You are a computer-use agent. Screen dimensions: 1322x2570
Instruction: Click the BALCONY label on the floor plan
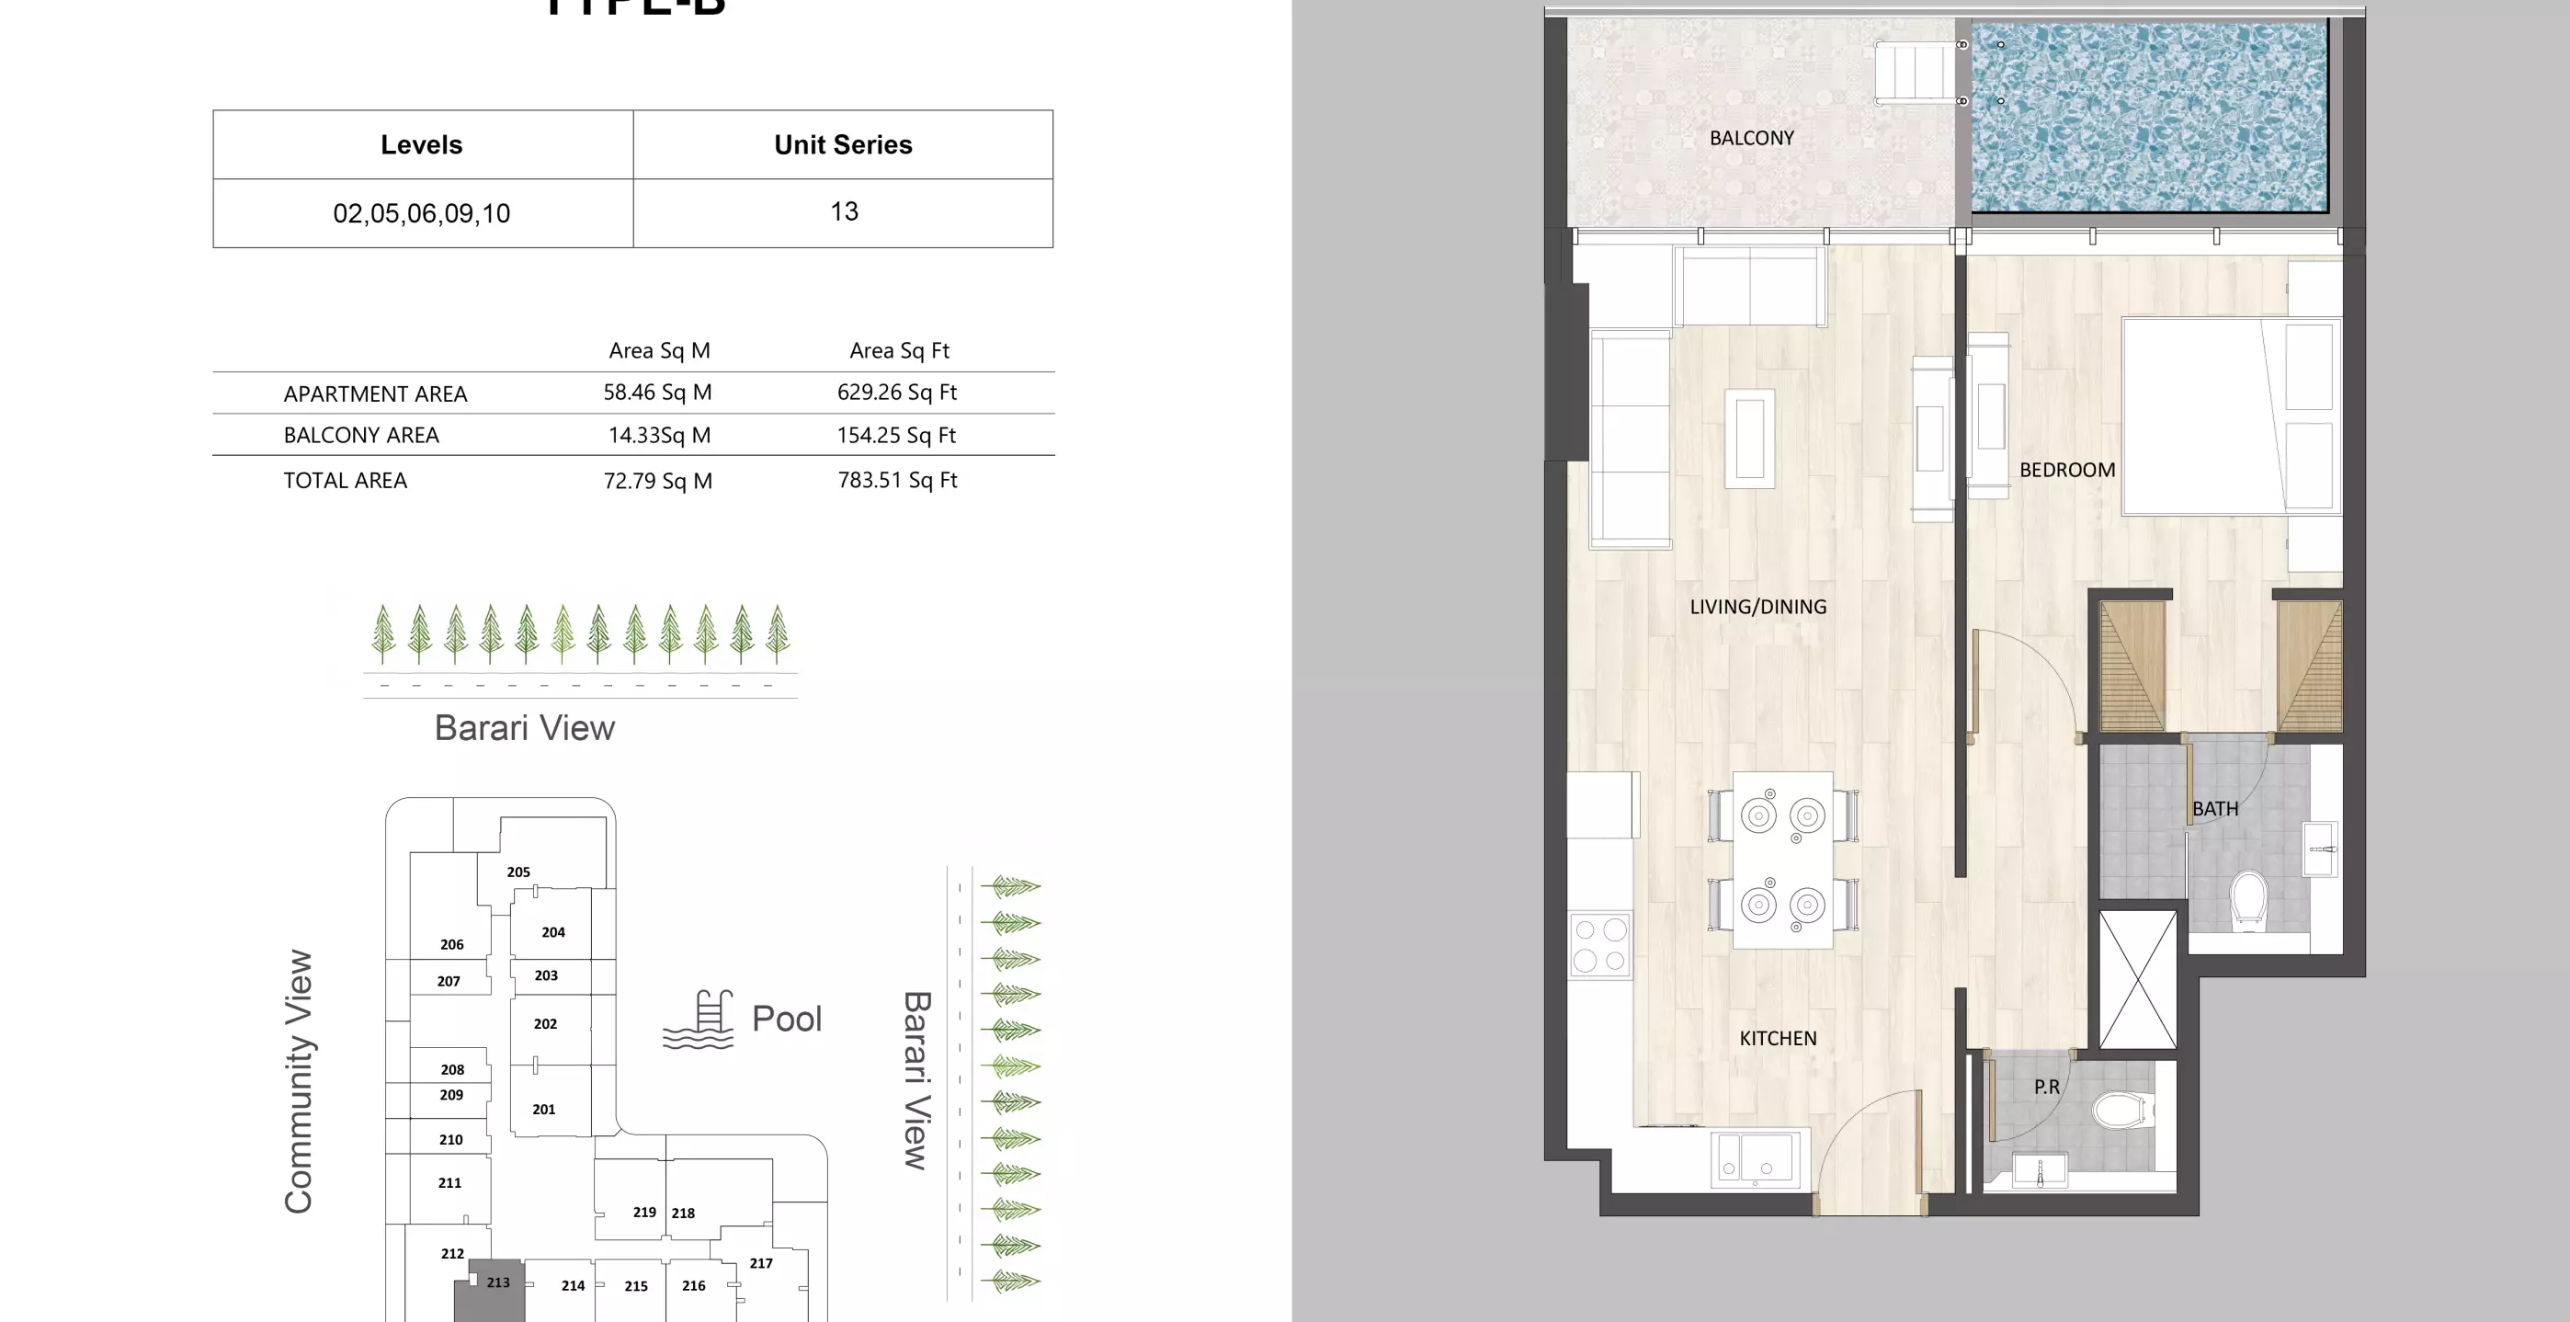coord(1751,138)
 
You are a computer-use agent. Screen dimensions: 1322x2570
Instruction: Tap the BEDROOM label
coord(2066,470)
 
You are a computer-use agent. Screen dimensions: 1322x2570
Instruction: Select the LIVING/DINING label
coord(1757,607)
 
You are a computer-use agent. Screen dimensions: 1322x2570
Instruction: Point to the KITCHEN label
coord(1778,1039)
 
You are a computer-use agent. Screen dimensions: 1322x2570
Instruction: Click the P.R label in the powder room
coord(2046,1087)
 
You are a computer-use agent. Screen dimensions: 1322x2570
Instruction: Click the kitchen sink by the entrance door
coord(1756,1159)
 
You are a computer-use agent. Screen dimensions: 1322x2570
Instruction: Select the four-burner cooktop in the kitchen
coord(1599,945)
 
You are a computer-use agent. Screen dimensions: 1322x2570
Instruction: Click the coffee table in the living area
coord(1750,439)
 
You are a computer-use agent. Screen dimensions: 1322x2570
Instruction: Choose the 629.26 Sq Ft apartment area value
coord(896,393)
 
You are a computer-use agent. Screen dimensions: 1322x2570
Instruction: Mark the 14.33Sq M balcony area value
coord(658,435)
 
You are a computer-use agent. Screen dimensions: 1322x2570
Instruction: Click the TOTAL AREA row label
coord(346,481)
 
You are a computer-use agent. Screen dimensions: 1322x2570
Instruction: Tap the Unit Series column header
coord(843,144)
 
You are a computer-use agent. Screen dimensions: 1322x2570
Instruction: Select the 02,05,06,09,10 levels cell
coord(421,213)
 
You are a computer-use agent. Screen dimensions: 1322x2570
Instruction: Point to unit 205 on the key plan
coord(517,872)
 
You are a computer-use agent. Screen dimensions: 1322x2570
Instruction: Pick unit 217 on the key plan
coord(761,1263)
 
